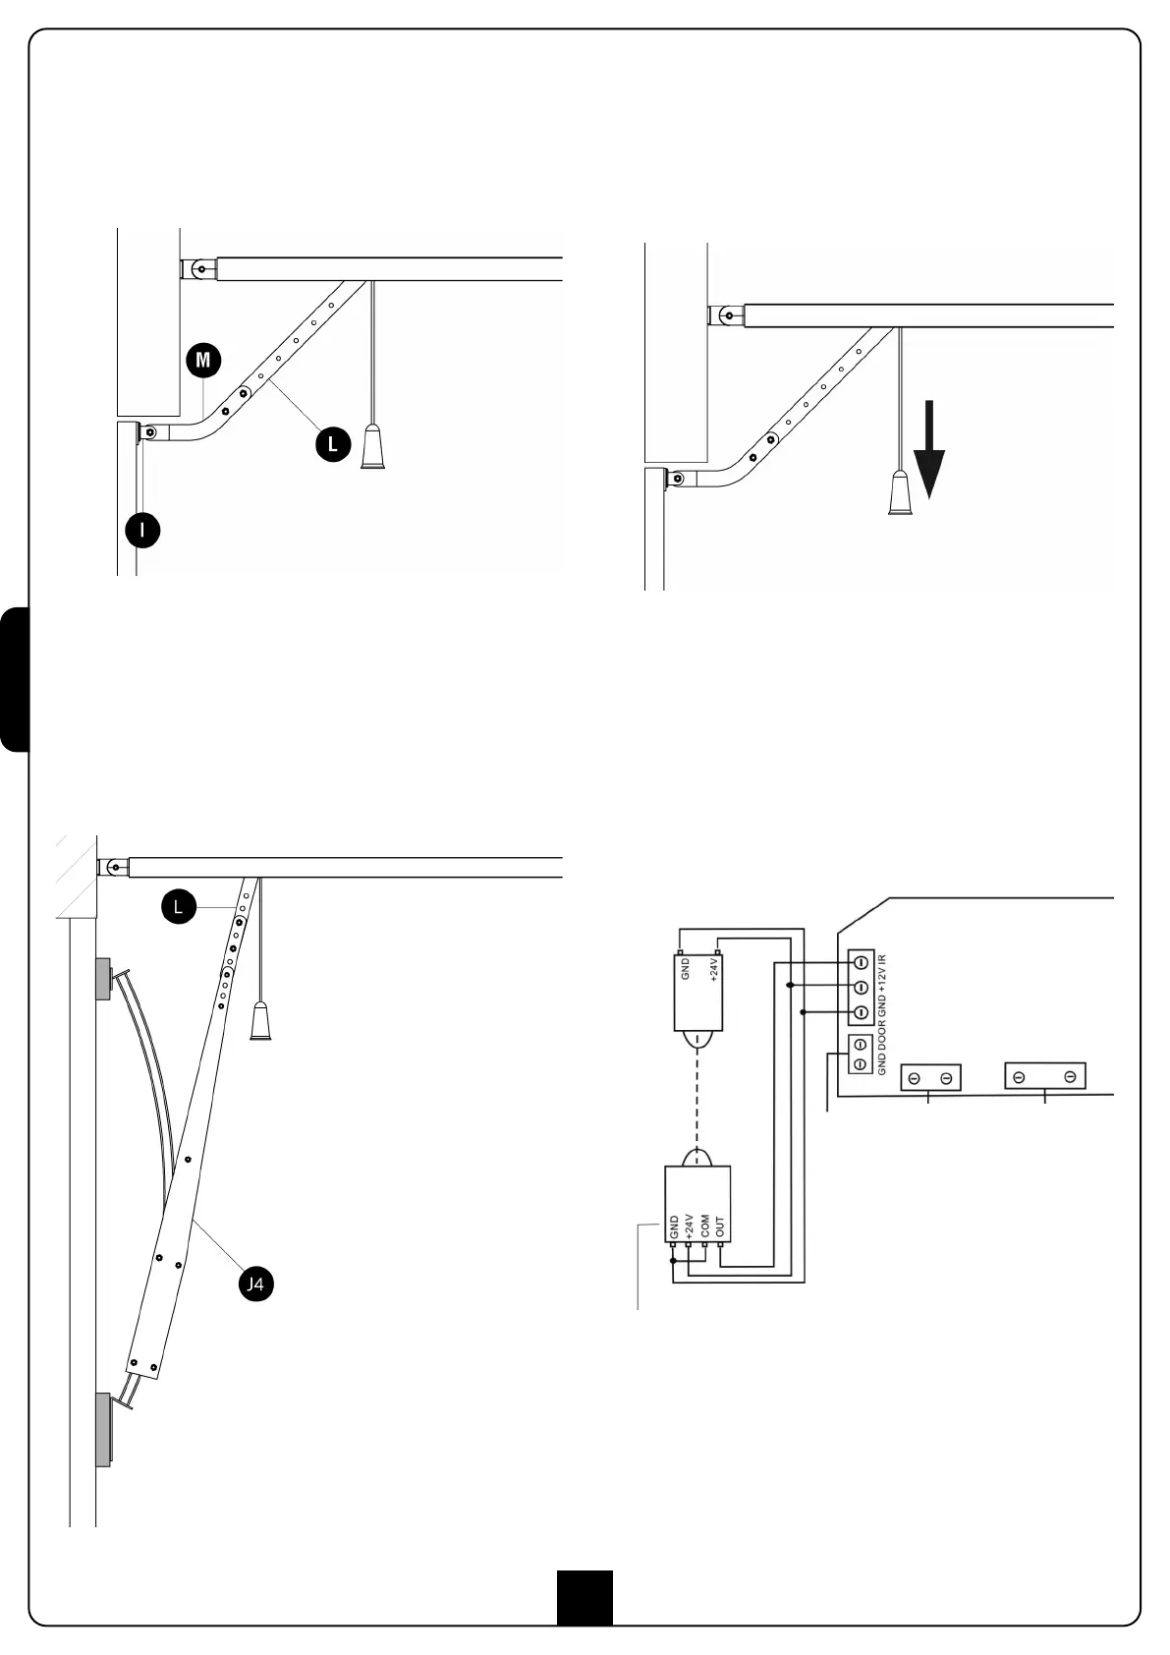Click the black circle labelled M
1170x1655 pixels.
coord(202,360)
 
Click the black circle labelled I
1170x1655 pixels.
coord(143,531)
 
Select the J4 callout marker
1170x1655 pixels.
coord(255,1284)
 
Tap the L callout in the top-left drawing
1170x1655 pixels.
coord(332,444)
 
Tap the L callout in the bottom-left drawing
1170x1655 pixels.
coord(178,907)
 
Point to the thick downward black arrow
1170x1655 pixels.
coord(928,460)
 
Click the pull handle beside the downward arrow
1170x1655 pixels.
coord(902,493)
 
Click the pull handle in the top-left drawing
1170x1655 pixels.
coord(373,448)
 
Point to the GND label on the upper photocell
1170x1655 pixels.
coord(687,969)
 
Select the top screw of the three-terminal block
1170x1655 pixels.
coord(861,961)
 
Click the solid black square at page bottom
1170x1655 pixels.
coord(585,1597)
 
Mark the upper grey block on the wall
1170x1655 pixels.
coord(103,978)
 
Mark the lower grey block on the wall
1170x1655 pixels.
coord(103,1429)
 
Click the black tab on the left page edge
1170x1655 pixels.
coord(15,679)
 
